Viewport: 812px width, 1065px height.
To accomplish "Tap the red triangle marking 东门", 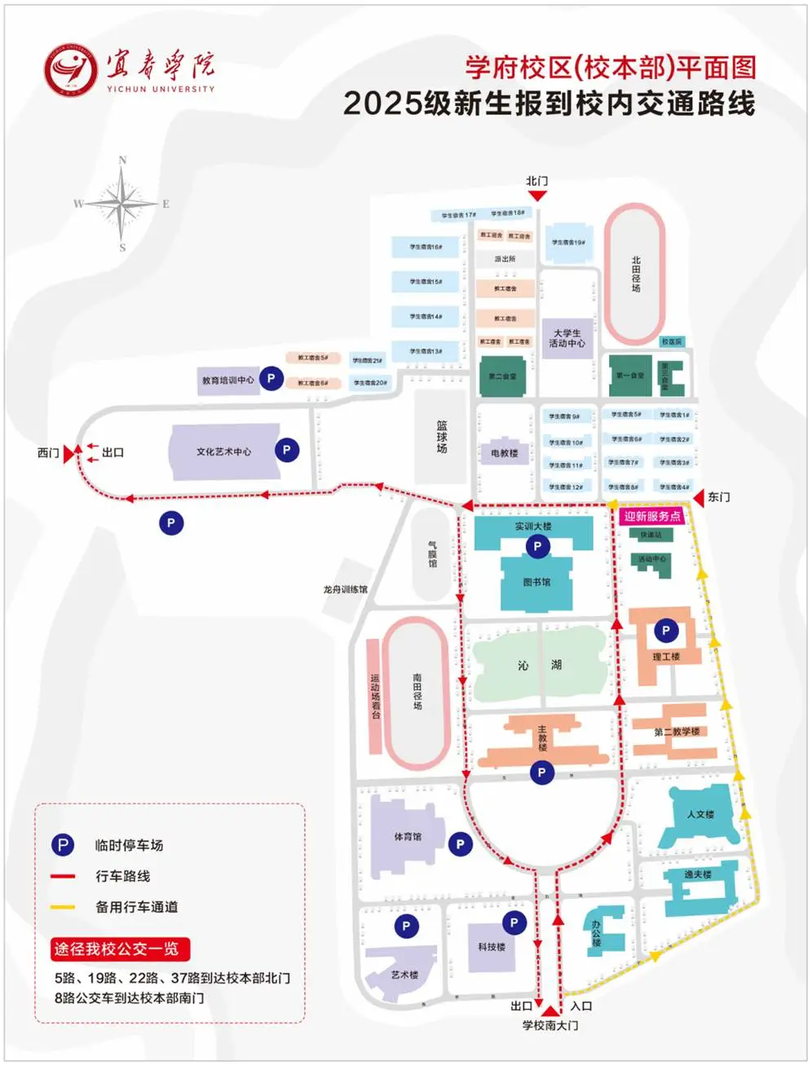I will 699,497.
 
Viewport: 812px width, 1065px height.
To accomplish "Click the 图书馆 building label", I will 536,582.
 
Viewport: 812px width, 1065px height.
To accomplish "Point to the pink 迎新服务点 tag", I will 652,516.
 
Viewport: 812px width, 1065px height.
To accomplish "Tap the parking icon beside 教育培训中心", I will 271,377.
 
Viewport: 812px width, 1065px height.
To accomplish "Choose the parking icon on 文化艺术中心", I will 286,449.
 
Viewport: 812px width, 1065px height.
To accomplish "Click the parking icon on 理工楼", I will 666,630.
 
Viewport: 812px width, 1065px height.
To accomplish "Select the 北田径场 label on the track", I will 636,275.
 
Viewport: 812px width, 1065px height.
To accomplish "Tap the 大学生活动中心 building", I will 567,338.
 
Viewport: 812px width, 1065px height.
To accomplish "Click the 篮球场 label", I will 442,437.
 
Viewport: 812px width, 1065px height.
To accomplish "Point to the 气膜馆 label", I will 433,554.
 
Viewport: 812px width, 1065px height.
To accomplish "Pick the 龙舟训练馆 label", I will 346,589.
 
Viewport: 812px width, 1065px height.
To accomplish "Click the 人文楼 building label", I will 700,814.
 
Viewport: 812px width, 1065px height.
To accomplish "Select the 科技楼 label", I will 492,947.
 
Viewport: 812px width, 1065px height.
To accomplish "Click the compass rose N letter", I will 123,161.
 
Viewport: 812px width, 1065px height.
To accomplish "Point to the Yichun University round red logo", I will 70,70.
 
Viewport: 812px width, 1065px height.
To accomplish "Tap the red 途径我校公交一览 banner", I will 120,948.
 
